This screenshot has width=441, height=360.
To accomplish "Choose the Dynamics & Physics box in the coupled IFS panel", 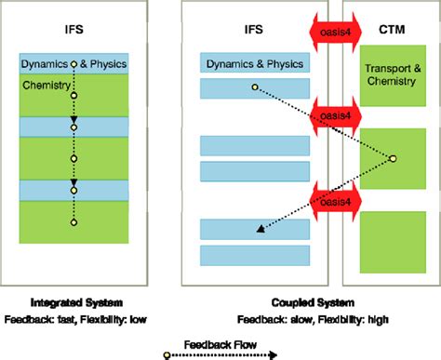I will pyautogui.click(x=255, y=64).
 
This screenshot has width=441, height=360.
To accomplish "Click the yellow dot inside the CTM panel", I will pyautogui.click(x=393, y=158).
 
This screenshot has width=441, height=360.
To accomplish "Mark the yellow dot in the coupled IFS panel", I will pyautogui.click(x=254, y=88).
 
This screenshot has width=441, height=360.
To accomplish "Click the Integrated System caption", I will pyautogui.click(x=73, y=303).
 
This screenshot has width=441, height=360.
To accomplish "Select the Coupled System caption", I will pyautogui.click(x=297, y=303).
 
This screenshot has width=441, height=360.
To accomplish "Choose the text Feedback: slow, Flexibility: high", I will pyautogui.click(x=297, y=319).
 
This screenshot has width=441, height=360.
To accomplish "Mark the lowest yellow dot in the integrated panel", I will pyautogui.click(x=73, y=222).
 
